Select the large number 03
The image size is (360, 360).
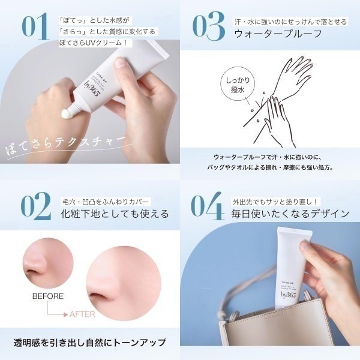point(208,27)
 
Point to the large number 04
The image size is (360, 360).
point(208,206)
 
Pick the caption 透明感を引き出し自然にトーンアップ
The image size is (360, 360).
point(89,343)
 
